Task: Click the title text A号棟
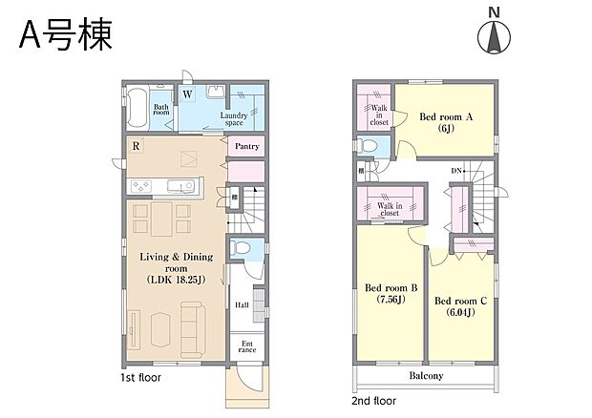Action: click(x=65, y=34)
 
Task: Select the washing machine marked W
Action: click(x=187, y=94)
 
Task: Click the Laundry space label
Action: click(x=236, y=119)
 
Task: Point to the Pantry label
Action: click(x=247, y=147)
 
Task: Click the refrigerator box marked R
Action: click(x=138, y=147)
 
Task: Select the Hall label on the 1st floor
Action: click(x=243, y=305)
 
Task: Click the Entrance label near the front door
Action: click(x=246, y=346)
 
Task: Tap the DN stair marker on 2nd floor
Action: click(x=455, y=170)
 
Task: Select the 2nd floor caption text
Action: click(x=374, y=401)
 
